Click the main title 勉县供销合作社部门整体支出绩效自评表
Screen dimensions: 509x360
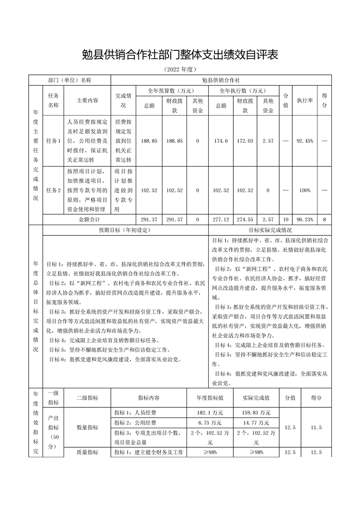[x=180, y=55]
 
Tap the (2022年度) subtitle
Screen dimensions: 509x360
[x=180, y=70]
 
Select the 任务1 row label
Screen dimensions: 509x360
[x=53, y=141]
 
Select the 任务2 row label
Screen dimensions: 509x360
[x=53, y=191]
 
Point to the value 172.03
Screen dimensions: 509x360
[x=245, y=141]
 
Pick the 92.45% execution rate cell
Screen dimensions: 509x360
[x=305, y=141]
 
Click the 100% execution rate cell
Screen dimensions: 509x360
[x=305, y=191]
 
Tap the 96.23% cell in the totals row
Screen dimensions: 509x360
[x=305, y=220]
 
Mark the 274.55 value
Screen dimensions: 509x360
[x=245, y=220]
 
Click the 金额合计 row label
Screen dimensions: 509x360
[x=89, y=220]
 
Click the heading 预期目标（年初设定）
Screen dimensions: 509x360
[x=125, y=230]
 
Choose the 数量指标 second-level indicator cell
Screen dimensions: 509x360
[x=87, y=427]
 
